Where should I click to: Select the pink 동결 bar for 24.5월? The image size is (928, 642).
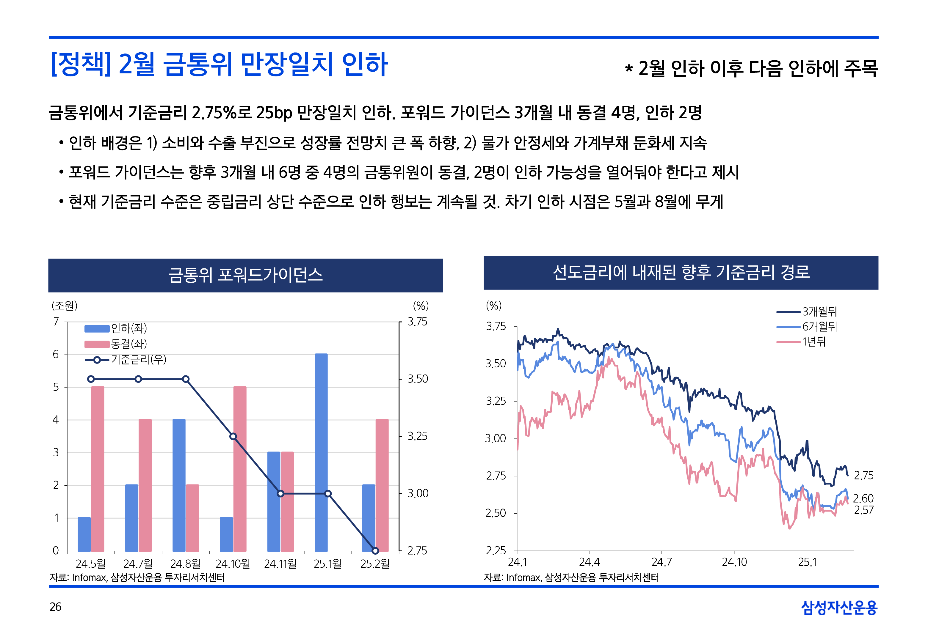pos(98,469)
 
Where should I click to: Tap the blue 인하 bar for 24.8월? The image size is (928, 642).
pos(179,485)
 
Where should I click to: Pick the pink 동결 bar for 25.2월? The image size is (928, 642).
pos(382,485)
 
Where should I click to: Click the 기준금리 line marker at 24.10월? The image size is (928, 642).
pos(233,436)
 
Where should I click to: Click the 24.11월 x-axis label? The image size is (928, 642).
pos(280,564)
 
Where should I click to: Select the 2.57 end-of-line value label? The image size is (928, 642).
pos(864,510)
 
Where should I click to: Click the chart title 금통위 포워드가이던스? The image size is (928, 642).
pos(245,276)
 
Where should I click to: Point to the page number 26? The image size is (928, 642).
pos(56,607)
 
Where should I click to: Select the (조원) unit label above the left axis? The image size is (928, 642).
pos(64,306)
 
